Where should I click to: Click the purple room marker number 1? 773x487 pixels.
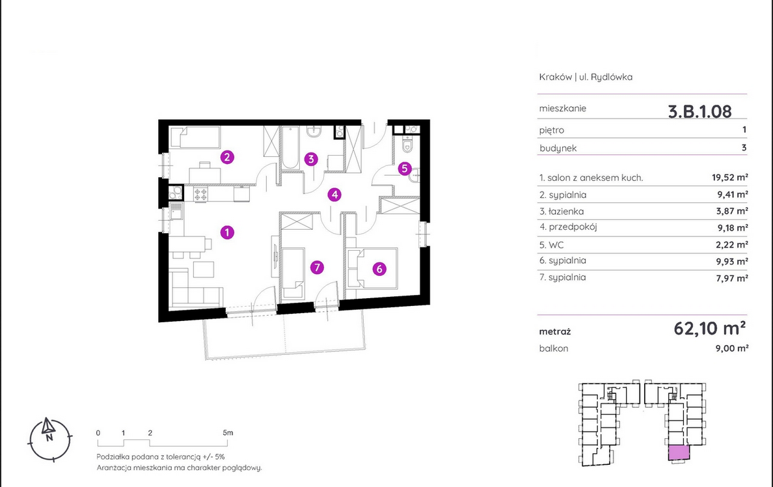[227, 232]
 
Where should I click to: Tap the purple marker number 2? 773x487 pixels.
[227, 157]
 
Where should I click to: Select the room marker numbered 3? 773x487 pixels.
[310, 159]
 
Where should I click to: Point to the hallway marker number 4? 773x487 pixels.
[334, 195]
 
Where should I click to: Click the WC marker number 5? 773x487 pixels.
[404, 169]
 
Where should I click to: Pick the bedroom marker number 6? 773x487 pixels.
[379, 269]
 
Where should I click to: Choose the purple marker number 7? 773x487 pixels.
[317, 268]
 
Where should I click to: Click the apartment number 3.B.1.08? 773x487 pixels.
[699, 111]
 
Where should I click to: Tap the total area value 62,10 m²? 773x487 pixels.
[709, 328]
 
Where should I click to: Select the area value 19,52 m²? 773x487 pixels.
[729, 177]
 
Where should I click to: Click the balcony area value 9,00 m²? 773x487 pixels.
[732, 348]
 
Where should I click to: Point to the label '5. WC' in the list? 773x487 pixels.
[552, 245]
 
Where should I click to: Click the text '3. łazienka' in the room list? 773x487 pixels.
[562, 211]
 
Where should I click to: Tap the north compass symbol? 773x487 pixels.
[49, 438]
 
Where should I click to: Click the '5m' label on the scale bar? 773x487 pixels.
[228, 433]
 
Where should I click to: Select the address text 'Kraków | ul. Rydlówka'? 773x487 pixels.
[586, 77]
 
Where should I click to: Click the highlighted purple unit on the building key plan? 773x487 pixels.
[679, 452]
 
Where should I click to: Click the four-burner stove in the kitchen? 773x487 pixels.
[200, 194]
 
